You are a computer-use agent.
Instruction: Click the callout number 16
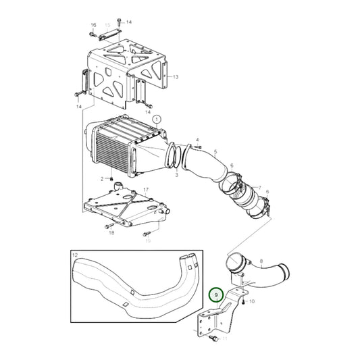click(x=94, y=26)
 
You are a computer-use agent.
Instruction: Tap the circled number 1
click(x=157, y=119)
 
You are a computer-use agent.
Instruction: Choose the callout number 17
click(x=146, y=190)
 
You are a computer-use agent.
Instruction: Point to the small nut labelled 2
click(x=111, y=178)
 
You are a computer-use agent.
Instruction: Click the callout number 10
click(x=252, y=301)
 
